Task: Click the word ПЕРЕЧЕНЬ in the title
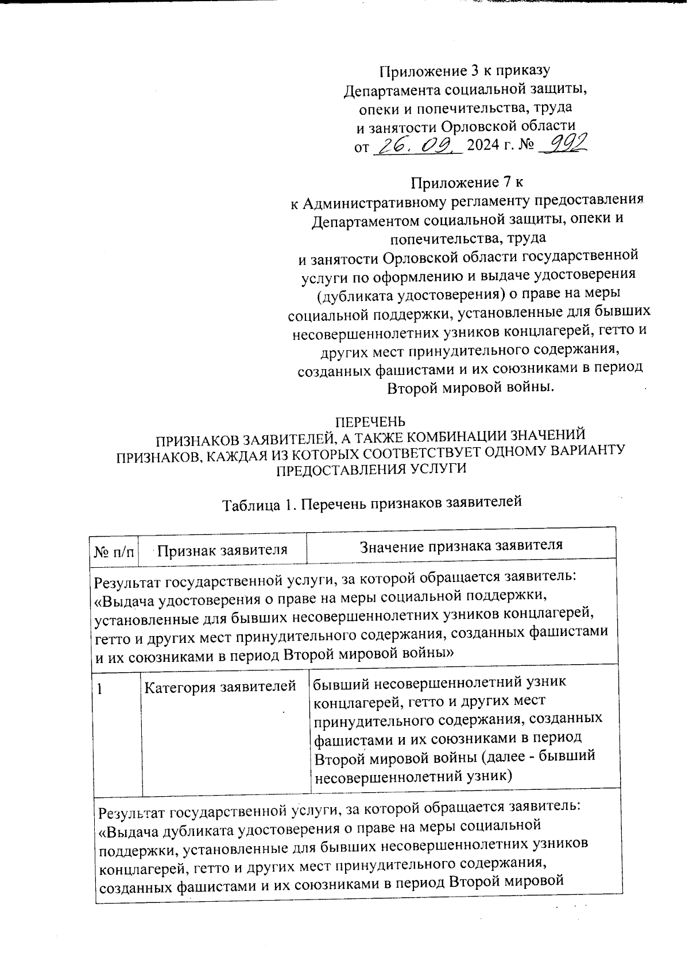pos(370,422)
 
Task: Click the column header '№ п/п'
pos(115,552)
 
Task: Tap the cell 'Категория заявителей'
pos(220,686)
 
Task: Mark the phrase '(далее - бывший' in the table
pos(537,756)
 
